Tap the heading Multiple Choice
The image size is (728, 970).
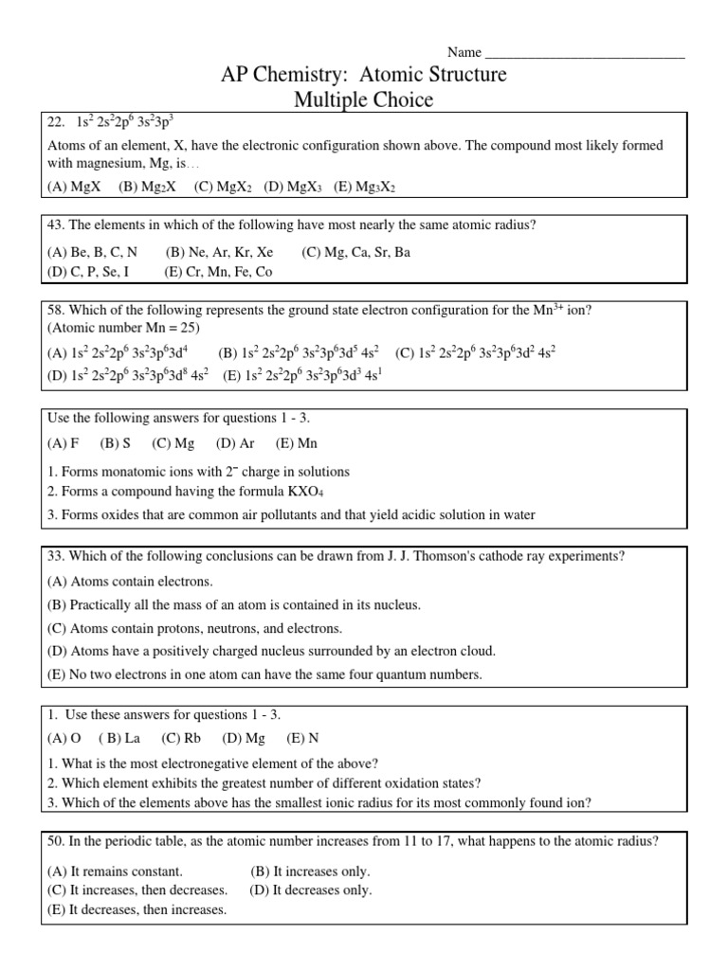[x=365, y=99]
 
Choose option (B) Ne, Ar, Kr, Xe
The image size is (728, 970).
[x=219, y=252]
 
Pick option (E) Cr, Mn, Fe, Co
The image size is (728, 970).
[x=218, y=271]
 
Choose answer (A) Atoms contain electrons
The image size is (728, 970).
[x=130, y=581]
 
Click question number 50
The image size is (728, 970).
[x=57, y=840]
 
